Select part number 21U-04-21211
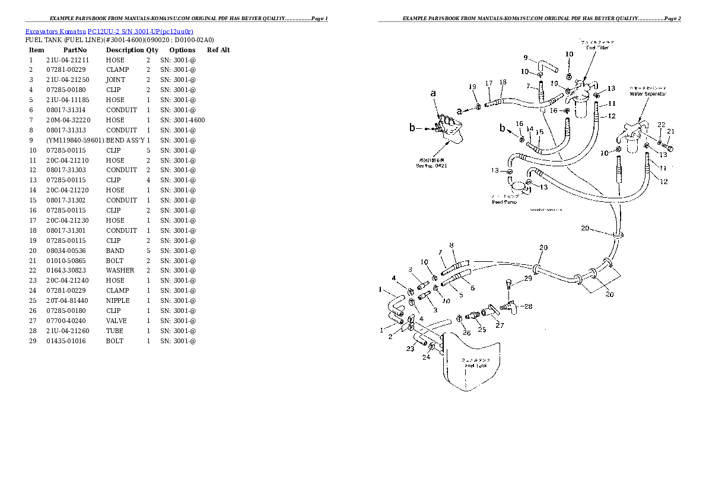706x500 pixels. click(x=67, y=60)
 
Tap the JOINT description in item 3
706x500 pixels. click(x=115, y=80)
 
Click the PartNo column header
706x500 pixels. click(x=75, y=50)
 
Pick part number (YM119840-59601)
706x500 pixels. click(x=75, y=140)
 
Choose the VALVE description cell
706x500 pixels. click(x=116, y=321)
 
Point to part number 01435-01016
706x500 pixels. click(x=65, y=341)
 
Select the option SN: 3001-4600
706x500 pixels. click(x=182, y=120)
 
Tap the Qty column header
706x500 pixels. click(x=152, y=50)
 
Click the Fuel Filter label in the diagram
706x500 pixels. click(x=597, y=48)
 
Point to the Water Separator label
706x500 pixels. click(x=648, y=94)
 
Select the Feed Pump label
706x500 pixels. click(x=504, y=202)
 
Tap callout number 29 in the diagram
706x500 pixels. click(x=527, y=279)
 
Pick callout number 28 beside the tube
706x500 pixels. click(x=527, y=306)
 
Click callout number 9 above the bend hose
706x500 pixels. click(x=525, y=58)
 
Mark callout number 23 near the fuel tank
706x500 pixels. click(x=409, y=349)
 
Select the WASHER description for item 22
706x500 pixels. click(x=120, y=270)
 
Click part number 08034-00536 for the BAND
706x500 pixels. click(x=65, y=251)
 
